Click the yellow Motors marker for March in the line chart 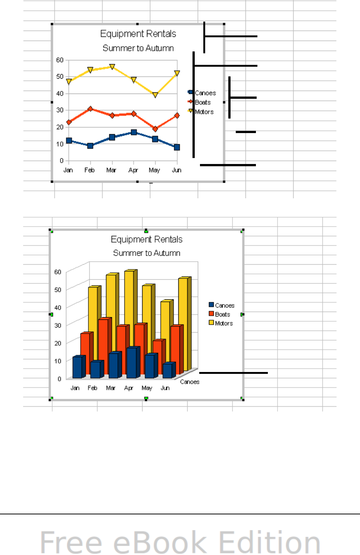(112, 67)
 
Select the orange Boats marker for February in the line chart (90, 109)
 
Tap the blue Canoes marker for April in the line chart (134, 132)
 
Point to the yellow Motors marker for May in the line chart (155, 95)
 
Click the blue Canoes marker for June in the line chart (177, 147)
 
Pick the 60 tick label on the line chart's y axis (60, 60)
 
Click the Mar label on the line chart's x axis (111, 170)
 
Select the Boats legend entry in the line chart (203, 103)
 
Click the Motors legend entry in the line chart (204, 112)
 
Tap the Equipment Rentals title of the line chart (138, 34)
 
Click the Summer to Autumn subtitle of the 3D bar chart (147, 253)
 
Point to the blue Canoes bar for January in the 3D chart (77, 367)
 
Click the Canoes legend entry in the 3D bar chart (224, 306)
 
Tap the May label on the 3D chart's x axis (147, 388)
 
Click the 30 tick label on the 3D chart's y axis (58, 325)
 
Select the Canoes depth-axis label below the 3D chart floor (190, 382)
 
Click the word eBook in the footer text (160, 543)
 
